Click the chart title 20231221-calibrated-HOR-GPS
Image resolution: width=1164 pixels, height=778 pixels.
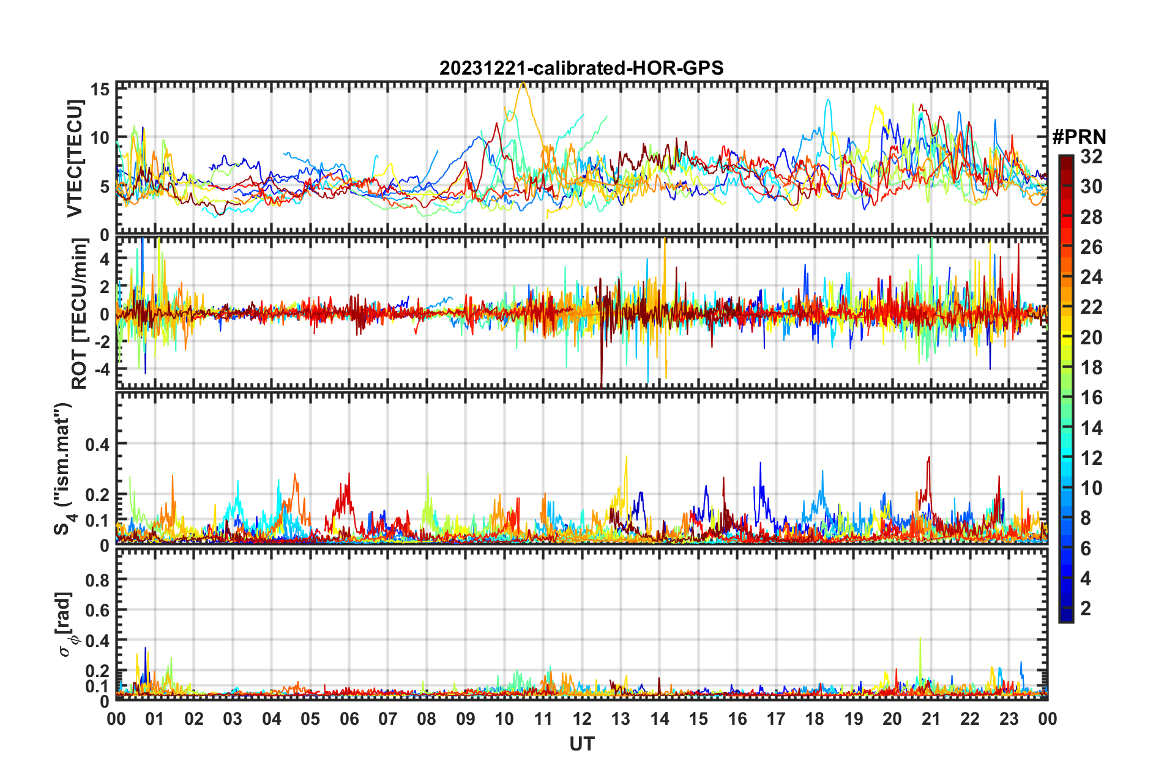[581, 68]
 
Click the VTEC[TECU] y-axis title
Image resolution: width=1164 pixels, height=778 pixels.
[75, 158]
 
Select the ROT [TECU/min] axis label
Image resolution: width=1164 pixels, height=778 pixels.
[80, 314]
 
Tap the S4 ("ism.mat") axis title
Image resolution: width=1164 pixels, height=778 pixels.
[63, 469]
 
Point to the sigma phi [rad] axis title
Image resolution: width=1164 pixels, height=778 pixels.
[65, 624]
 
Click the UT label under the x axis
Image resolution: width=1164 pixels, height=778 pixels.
[581, 744]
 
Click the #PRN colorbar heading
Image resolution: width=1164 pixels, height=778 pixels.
[1079, 137]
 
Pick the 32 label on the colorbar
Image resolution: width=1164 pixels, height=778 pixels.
[1091, 157]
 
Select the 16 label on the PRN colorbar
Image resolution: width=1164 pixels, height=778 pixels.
[1091, 398]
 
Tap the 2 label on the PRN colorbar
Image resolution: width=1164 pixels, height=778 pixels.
[1086, 608]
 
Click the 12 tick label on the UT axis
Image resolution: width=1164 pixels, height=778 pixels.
[582, 719]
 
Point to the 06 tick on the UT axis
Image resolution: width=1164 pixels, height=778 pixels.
[349, 719]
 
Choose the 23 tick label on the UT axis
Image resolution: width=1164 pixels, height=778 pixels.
[1009, 719]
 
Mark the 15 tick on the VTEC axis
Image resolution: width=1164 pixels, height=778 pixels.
[100, 90]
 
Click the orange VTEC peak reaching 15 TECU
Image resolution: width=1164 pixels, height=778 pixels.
[523, 84]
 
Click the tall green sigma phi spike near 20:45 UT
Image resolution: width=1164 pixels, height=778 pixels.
[920, 639]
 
